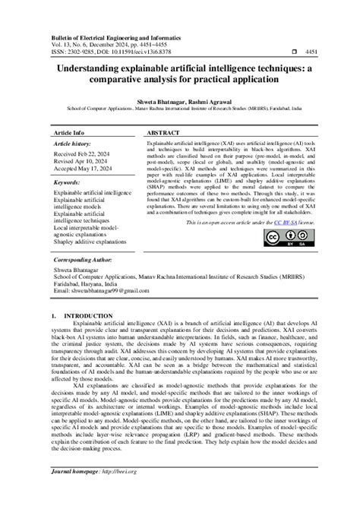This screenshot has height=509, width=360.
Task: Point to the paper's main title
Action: click(x=180, y=73)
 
